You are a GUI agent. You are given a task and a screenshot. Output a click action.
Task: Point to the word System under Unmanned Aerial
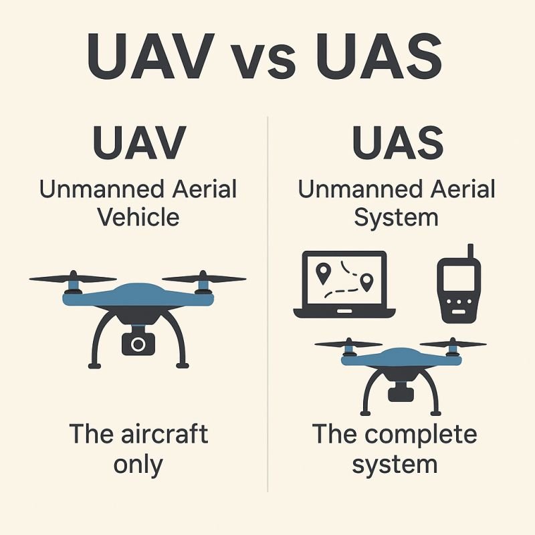396,217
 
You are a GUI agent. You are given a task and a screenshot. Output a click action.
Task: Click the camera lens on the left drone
138,344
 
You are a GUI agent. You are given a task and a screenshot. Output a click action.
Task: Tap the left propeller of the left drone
73,278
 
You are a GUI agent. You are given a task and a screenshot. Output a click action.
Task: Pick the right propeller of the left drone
203,278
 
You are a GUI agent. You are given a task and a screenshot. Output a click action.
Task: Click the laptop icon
344,284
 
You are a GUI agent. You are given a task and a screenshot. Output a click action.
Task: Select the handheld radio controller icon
459,289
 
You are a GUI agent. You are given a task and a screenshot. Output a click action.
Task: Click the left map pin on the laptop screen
324,272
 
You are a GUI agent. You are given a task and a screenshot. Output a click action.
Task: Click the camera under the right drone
402,391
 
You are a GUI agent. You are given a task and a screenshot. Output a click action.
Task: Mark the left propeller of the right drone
348,344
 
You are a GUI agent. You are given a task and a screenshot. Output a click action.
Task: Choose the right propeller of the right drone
453,344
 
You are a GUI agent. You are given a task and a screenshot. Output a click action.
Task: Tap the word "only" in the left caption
138,463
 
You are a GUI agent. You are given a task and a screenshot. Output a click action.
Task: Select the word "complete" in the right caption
422,435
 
